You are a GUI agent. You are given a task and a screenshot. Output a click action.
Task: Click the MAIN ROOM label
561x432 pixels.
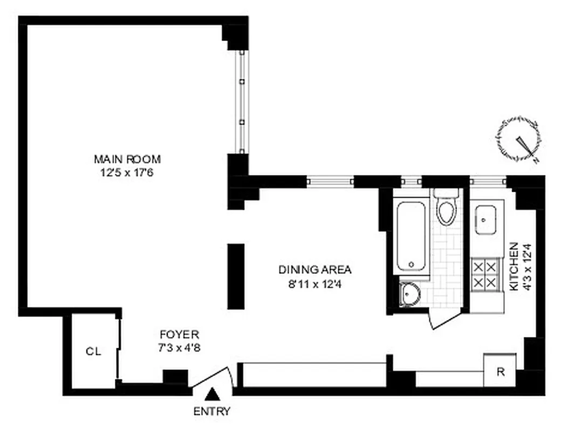point(127,159)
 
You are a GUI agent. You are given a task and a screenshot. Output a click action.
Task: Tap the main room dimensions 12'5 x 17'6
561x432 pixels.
point(127,173)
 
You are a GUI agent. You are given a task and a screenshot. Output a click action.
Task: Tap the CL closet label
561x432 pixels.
point(93,352)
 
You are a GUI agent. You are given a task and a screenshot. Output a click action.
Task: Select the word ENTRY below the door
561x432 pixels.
point(212,411)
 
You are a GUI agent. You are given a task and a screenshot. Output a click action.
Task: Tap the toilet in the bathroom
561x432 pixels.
point(447,208)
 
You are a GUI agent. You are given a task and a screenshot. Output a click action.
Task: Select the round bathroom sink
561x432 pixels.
point(411,295)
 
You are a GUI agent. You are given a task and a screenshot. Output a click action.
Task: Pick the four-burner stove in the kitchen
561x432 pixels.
point(484,274)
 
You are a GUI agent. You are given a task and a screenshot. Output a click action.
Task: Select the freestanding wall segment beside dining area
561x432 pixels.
point(236,276)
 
